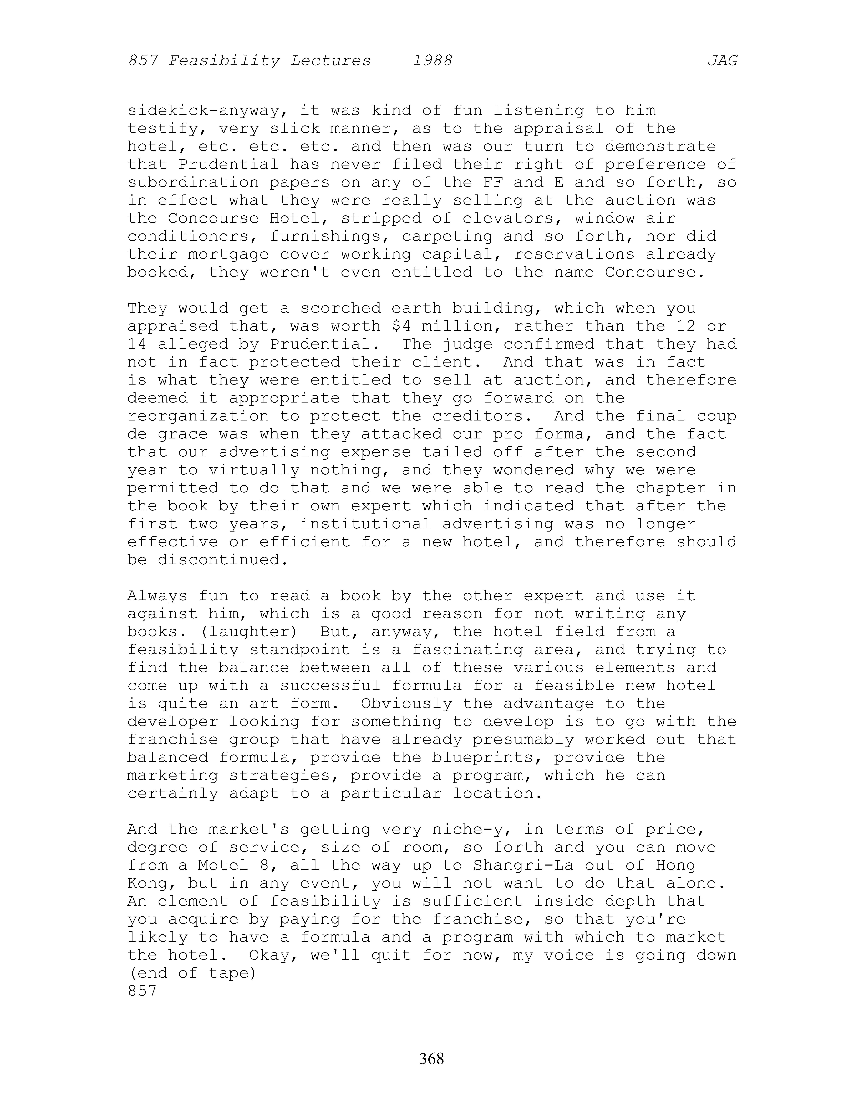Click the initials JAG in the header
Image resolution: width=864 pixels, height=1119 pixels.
(x=722, y=61)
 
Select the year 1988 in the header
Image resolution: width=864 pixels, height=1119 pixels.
(x=433, y=61)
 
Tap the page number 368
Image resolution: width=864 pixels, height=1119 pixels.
(x=431, y=1058)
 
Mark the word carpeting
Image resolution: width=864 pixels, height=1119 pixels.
(x=447, y=236)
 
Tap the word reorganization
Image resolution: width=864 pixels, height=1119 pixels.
(x=198, y=416)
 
